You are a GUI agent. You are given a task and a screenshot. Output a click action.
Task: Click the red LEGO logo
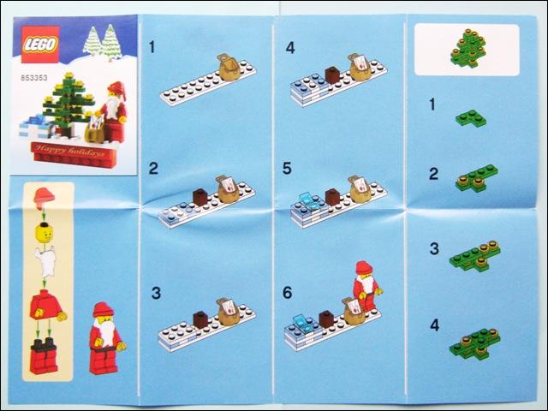point(39,45)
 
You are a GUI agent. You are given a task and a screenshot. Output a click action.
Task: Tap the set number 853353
point(34,78)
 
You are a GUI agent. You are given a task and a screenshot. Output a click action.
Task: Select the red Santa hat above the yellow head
point(44,196)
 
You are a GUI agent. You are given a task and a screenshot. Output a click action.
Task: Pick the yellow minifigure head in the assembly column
point(44,233)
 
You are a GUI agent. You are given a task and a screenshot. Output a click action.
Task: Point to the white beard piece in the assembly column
point(45,261)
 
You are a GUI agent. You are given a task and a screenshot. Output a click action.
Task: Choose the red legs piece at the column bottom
point(44,356)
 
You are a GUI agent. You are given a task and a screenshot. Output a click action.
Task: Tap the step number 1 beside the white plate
point(152,47)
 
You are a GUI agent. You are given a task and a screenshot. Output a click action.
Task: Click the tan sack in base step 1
point(229,68)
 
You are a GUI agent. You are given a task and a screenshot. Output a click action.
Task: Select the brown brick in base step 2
point(200,197)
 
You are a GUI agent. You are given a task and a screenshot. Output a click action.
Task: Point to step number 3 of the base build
point(156,293)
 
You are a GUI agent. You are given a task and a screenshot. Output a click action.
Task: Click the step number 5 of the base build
point(287,169)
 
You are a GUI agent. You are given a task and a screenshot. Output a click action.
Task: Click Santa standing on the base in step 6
point(366,286)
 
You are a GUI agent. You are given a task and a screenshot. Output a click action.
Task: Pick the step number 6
point(287,293)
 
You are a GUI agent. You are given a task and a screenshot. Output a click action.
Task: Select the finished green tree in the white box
point(468,48)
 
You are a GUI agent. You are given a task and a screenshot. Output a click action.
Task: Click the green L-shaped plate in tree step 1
point(471,118)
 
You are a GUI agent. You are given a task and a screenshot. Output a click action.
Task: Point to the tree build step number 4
point(434,325)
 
